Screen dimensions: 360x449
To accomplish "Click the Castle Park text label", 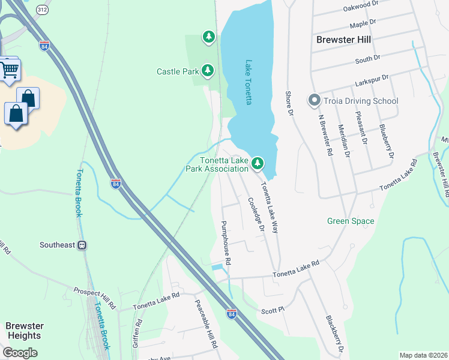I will [x=177, y=71].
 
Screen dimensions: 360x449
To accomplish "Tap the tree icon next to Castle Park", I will [x=208, y=71].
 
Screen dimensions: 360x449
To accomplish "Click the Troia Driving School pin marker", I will [x=313, y=101].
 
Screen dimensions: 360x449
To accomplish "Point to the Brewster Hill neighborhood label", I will [x=343, y=40].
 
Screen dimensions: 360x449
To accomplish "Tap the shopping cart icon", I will [x=9, y=70].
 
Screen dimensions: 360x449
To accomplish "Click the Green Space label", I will [x=351, y=221].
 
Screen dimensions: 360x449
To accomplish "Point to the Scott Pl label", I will [x=271, y=311].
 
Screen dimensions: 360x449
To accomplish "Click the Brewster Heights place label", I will [x=25, y=331].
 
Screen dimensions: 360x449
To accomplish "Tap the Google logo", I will [x=20, y=353].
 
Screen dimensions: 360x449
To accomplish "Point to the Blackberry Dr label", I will [x=334, y=334].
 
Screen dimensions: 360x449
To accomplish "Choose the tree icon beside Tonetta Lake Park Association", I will [x=258, y=163].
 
